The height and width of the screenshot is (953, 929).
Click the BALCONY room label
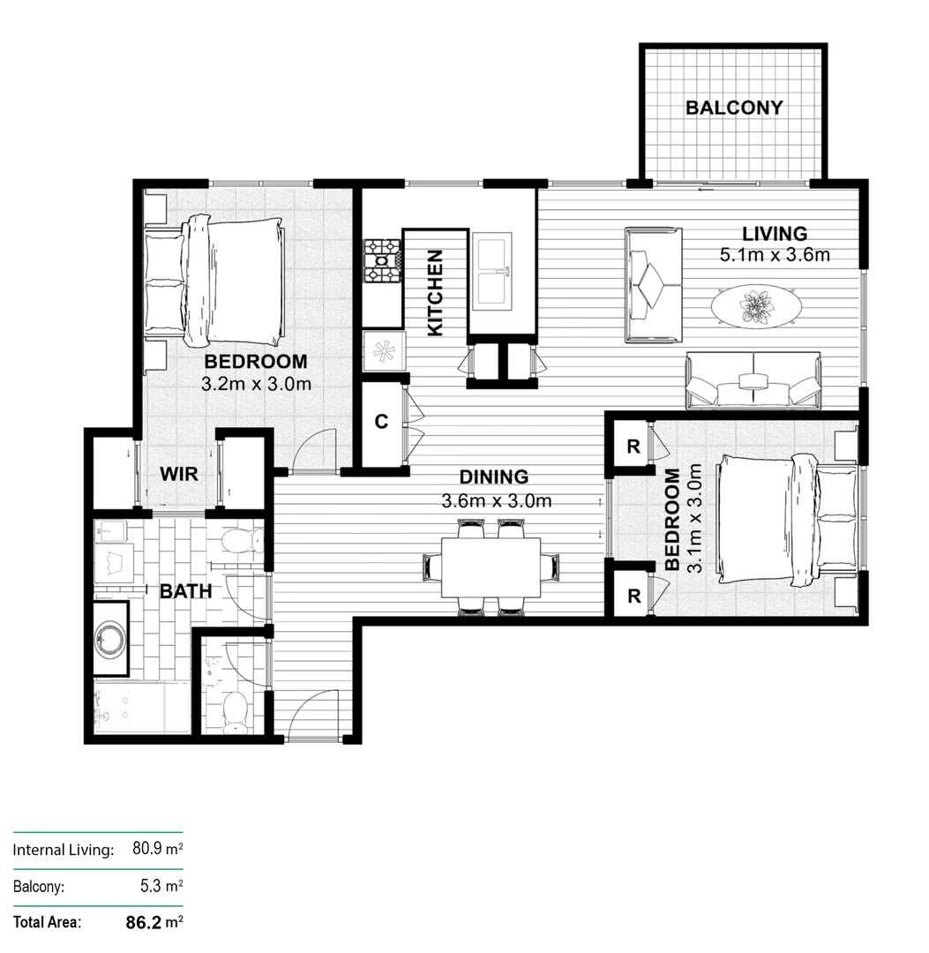tap(734, 108)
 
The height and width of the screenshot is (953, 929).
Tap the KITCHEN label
tap(434, 292)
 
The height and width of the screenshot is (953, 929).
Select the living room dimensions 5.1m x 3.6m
tap(775, 256)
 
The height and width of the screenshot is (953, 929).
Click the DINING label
tap(494, 477)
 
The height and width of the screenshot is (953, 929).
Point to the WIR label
tap(178, 474)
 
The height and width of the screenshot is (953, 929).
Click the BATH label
tap(185, 591)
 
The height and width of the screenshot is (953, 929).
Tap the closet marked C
tap(381, 422)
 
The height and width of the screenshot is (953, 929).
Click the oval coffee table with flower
tap(756, 306)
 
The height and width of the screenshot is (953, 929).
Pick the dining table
tap(492, 567)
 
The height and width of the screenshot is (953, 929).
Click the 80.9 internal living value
tap(149, 850)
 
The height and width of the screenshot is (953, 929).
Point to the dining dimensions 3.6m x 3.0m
tap(496, 501)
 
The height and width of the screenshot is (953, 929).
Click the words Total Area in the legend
tap(47, 923)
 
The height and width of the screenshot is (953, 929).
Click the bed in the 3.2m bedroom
tap(234, 281)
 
